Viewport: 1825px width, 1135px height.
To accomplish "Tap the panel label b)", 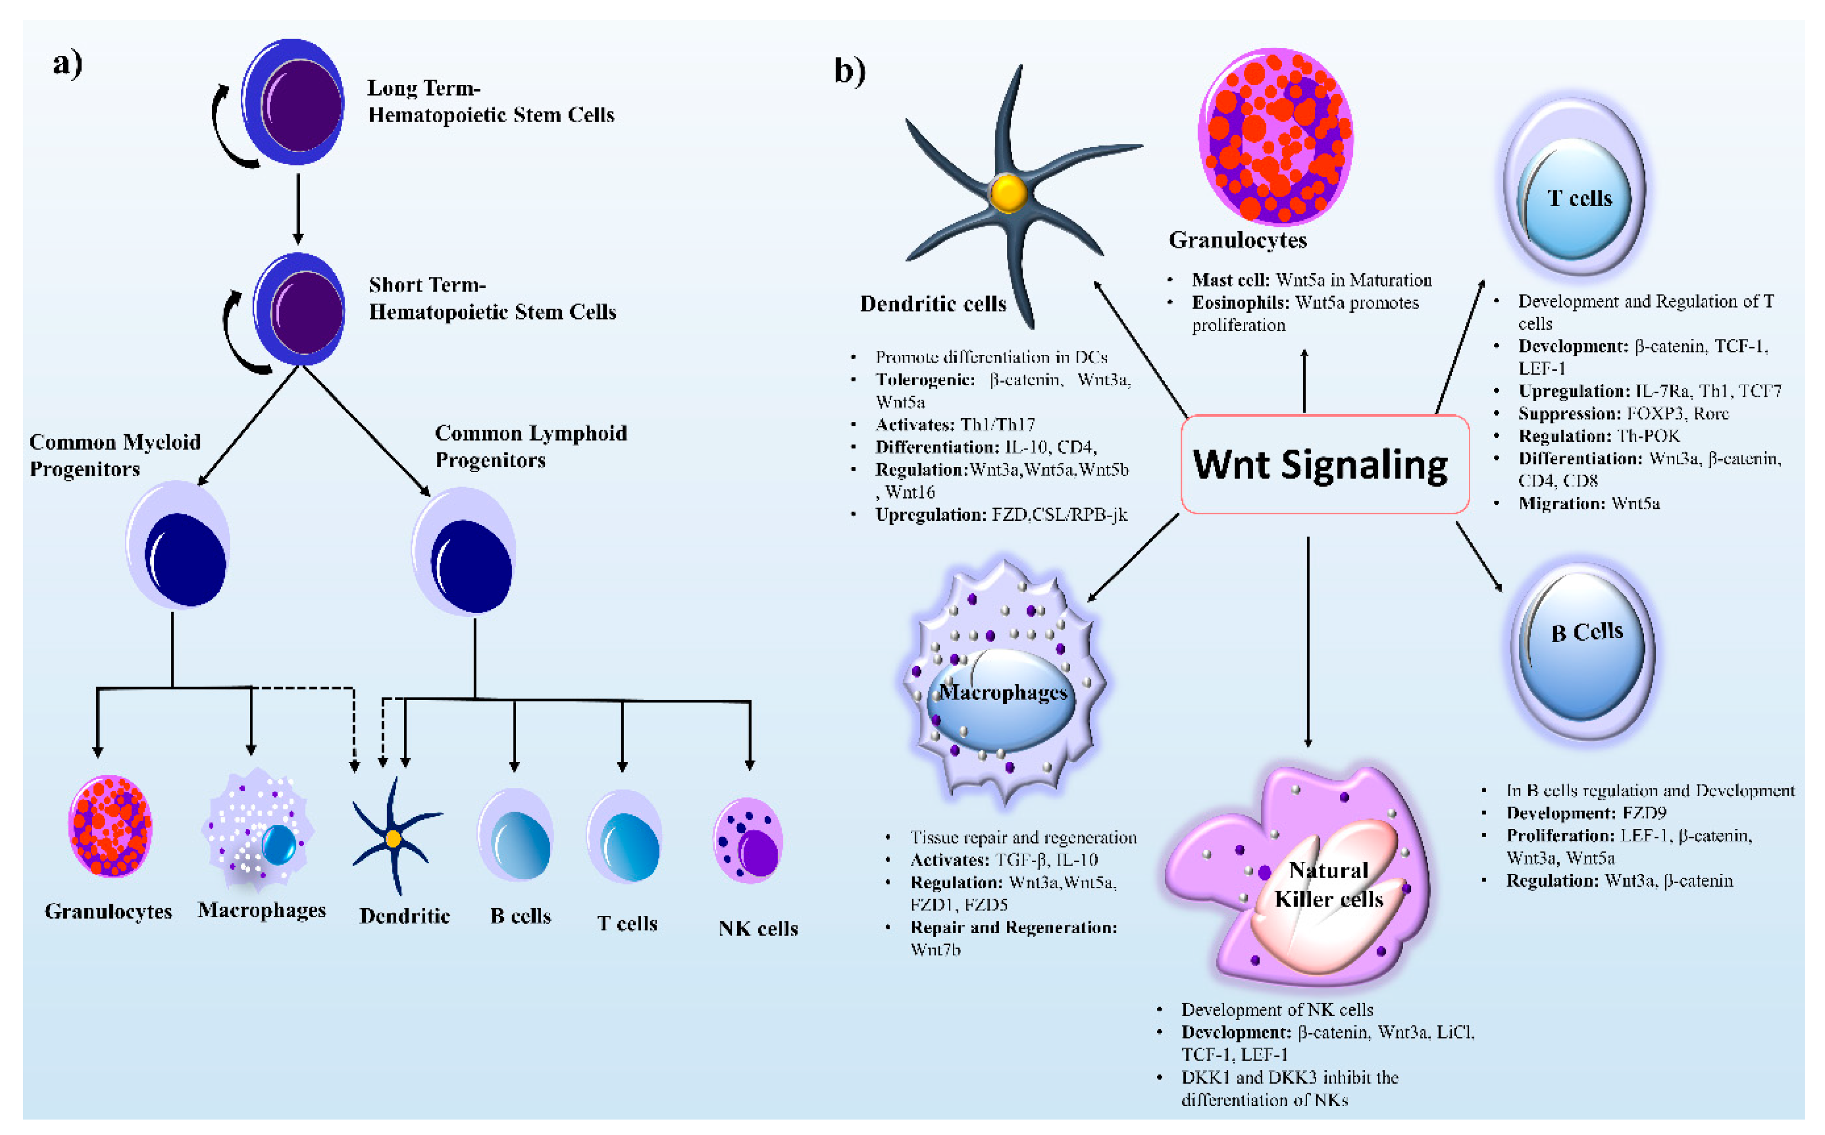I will pyautogui.click(x=850, y=71).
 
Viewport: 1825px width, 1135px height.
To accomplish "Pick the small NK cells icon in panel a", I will pyautogui.click(x=748, y=841).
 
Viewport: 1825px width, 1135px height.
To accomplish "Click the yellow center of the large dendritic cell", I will pyautogui.click(x=1008, y=194).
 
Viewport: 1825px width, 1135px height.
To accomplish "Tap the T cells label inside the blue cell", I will pyautogui.click(x=1580, y=199).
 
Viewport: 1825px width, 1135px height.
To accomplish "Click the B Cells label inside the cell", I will pyautogui.click(x=1587, y=632).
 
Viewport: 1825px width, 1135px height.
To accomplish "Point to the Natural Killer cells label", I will pyautogui.click(x=1328, y=884).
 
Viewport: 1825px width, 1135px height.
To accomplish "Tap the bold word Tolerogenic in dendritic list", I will pyautogui.click(x=924, y=380).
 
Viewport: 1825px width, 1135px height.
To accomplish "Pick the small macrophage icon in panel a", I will pyautogui.click(x=258, y=831).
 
